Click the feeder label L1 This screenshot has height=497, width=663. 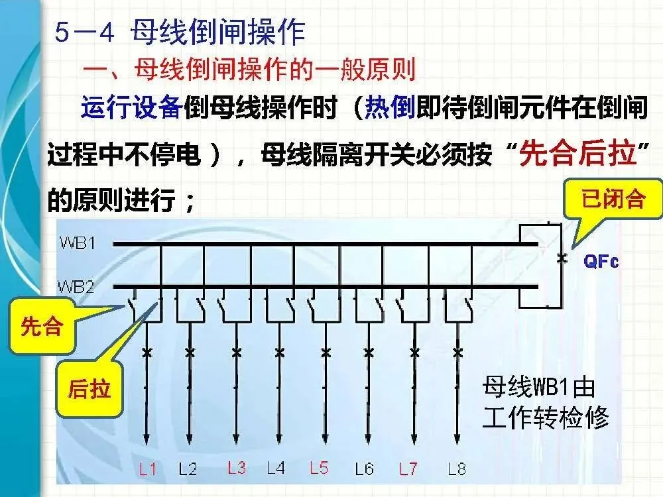point(147,470)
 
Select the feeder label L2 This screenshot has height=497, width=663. point(188,470)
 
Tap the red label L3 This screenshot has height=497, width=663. point(236,468)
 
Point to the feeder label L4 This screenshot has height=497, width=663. point(276,468)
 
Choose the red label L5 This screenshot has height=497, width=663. point(319,468)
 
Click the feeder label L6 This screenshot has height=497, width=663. point(364,470)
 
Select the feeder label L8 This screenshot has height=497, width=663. point(456,470)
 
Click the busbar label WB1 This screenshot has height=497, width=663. point(76,244)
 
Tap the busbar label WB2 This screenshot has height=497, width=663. point(76,287)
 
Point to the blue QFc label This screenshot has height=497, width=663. point(601,261)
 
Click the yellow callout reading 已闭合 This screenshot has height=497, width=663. point(613,199)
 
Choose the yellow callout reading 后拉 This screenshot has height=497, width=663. point(90,389)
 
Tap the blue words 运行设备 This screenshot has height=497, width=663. point(131,107)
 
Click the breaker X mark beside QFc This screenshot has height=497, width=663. point(562,259)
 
